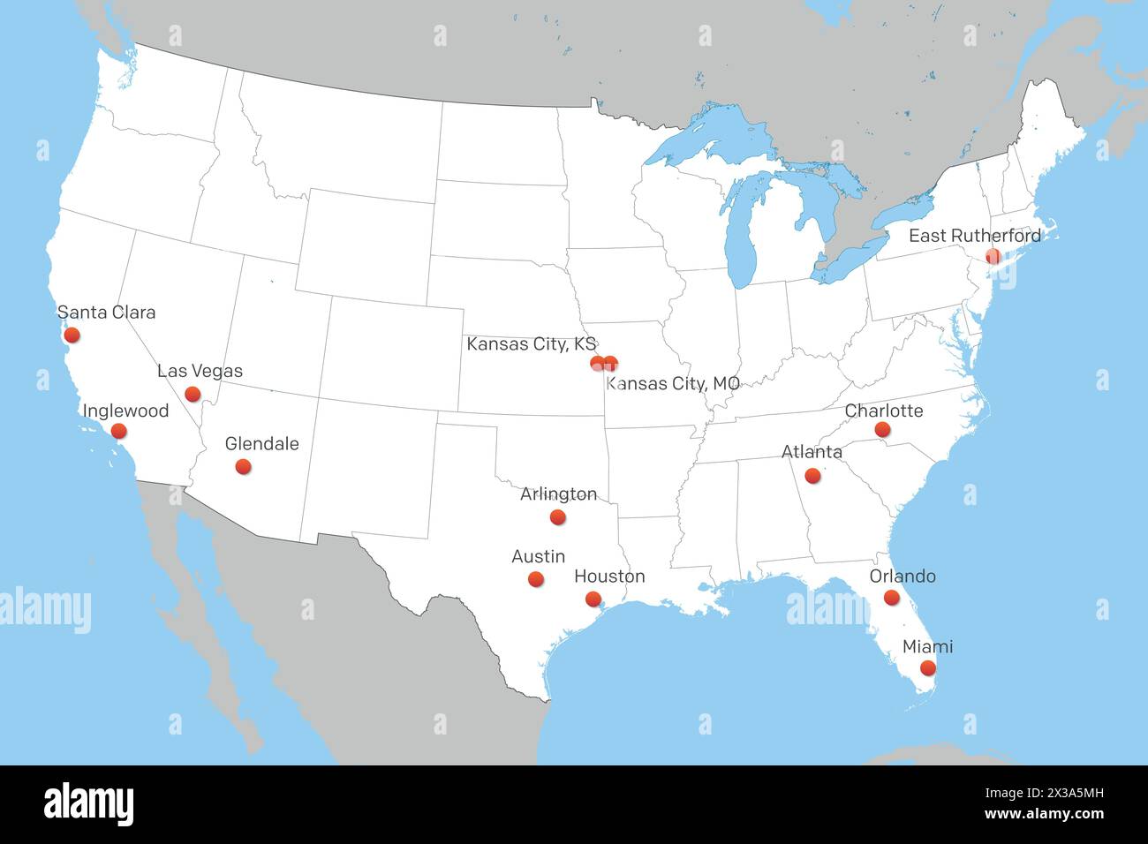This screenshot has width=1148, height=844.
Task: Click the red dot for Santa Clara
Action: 72,335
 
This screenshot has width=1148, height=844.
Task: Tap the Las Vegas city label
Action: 200,371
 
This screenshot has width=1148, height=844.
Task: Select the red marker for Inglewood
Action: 118,431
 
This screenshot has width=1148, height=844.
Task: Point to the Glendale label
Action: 261,443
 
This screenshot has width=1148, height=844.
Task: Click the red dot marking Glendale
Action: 243,466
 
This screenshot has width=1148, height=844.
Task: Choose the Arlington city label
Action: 558,494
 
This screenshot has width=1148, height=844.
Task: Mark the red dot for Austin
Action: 535,579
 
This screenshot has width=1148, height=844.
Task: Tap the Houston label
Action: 609,576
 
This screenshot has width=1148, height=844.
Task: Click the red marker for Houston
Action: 593,599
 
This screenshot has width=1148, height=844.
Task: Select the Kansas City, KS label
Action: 532,343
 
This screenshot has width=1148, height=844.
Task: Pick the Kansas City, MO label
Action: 673,383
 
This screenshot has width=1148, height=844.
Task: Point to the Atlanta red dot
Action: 812,476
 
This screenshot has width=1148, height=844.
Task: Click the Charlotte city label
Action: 884,411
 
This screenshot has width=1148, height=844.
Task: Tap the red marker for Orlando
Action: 891,598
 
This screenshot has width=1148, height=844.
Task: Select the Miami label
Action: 927,647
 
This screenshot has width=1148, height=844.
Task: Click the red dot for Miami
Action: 927,668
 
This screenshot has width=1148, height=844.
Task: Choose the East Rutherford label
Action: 975,236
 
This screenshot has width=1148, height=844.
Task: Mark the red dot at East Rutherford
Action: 993,256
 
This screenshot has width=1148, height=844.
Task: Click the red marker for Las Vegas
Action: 193,394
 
